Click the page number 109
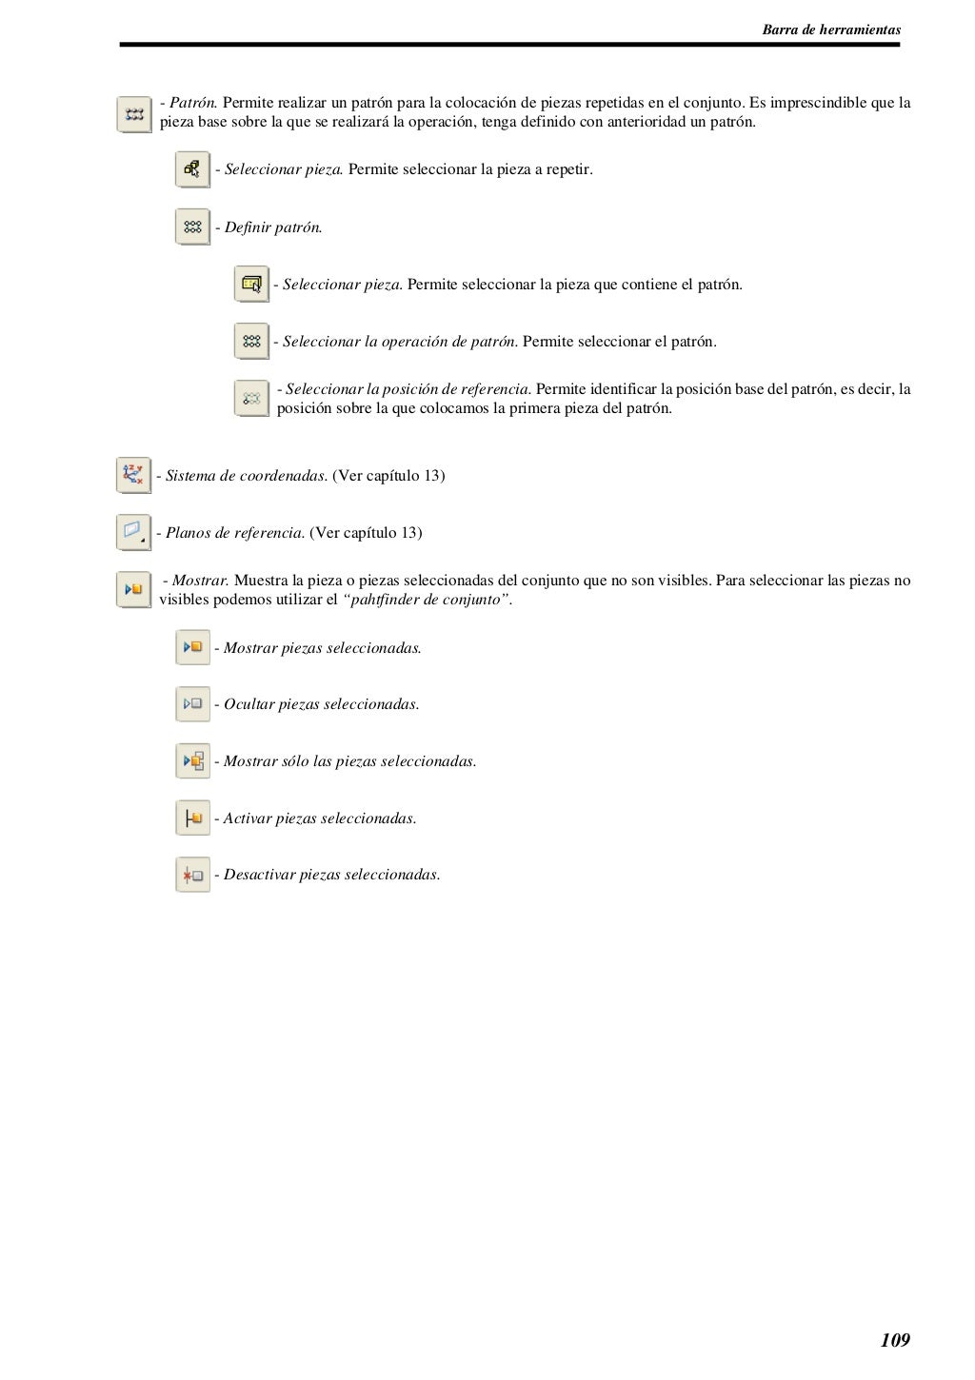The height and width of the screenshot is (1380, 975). (x=895, y=1340)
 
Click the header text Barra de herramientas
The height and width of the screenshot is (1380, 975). (x=831, y=30)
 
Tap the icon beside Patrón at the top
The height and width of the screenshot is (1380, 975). (x=134, y=113)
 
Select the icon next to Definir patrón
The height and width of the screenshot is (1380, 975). (x=192, y=227)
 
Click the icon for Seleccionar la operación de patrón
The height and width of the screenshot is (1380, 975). (x=251, y=341)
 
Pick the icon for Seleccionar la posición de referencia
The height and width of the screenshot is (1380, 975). (x=251, y=398)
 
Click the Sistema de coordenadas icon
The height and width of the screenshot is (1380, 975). (x=133, y=475)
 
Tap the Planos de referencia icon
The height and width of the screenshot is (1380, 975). (x=133, y=532)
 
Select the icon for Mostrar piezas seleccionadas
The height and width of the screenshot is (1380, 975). (x=192, y=647)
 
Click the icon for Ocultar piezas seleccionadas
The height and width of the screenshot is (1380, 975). (x=192, y=704)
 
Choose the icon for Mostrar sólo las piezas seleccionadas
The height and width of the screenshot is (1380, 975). (x=192, y=760)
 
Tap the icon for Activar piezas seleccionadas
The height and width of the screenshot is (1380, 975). (x=192, y=818)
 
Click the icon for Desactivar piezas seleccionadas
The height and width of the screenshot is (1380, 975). (x=192, y=875)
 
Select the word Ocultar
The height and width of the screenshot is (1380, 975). (x=249, y=704)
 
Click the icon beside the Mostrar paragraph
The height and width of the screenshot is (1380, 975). (x=133, y=589)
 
